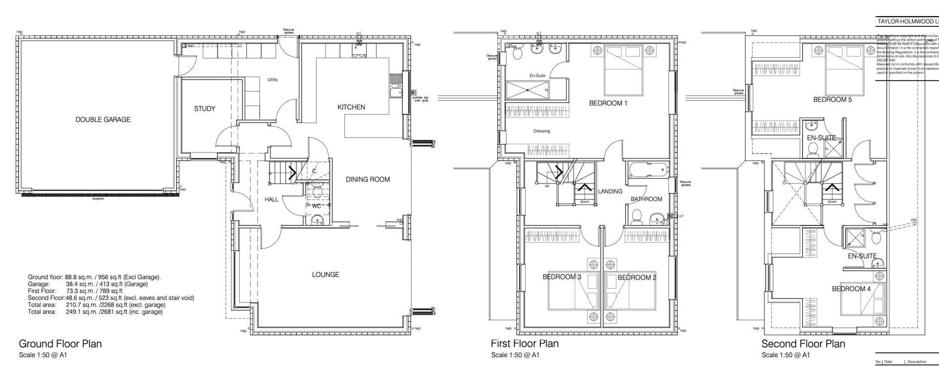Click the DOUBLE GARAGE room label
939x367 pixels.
(x=103, y=120)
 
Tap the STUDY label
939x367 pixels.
(x=204, y=108)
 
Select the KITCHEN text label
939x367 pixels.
(x=351, y=107)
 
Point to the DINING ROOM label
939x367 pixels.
(x=368, y=179)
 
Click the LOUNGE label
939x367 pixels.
(x=325, y=275)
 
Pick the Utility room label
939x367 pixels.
(x=272, y=80)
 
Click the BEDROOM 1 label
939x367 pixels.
(x=608, y=103)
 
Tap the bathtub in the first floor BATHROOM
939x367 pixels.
(x=648, y=170)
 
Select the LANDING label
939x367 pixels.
(x=610, y=192)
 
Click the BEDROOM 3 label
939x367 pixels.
(x=561, y=277)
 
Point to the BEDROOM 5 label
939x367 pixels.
(x=832, y=100)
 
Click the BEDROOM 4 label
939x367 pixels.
(x=851, y=289)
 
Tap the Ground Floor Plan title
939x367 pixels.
(x=60, y=344)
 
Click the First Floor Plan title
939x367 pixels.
(x=524, y=344)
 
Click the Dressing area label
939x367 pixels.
(x=541, y=131)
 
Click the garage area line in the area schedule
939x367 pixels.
(x=88, y=284)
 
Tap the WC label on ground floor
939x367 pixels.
(x=316, y=206)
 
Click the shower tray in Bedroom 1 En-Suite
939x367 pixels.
(x=527, y=90)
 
